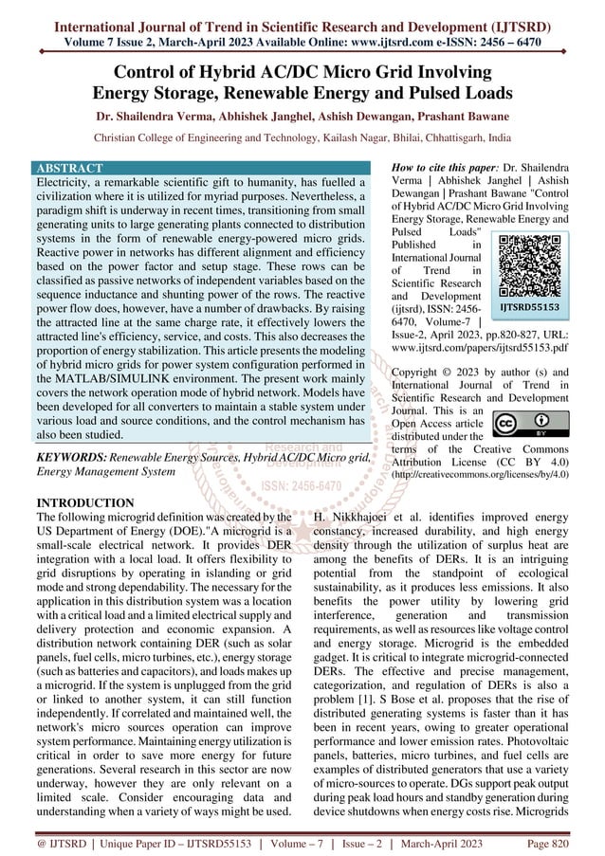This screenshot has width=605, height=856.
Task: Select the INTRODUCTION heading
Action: coord(84,501)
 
